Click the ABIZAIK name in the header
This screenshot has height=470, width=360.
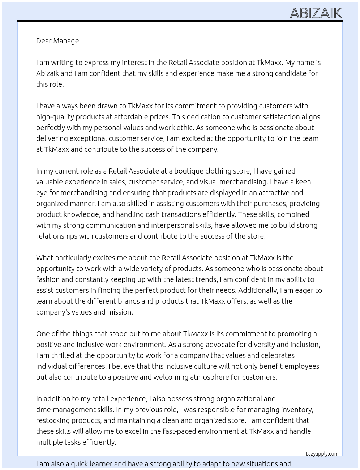[316, 13]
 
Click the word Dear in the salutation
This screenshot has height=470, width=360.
[44, 41]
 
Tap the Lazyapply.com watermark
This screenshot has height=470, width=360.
[322, 454]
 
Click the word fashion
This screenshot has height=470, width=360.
[48, 279]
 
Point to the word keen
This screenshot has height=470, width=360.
[303, 182]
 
